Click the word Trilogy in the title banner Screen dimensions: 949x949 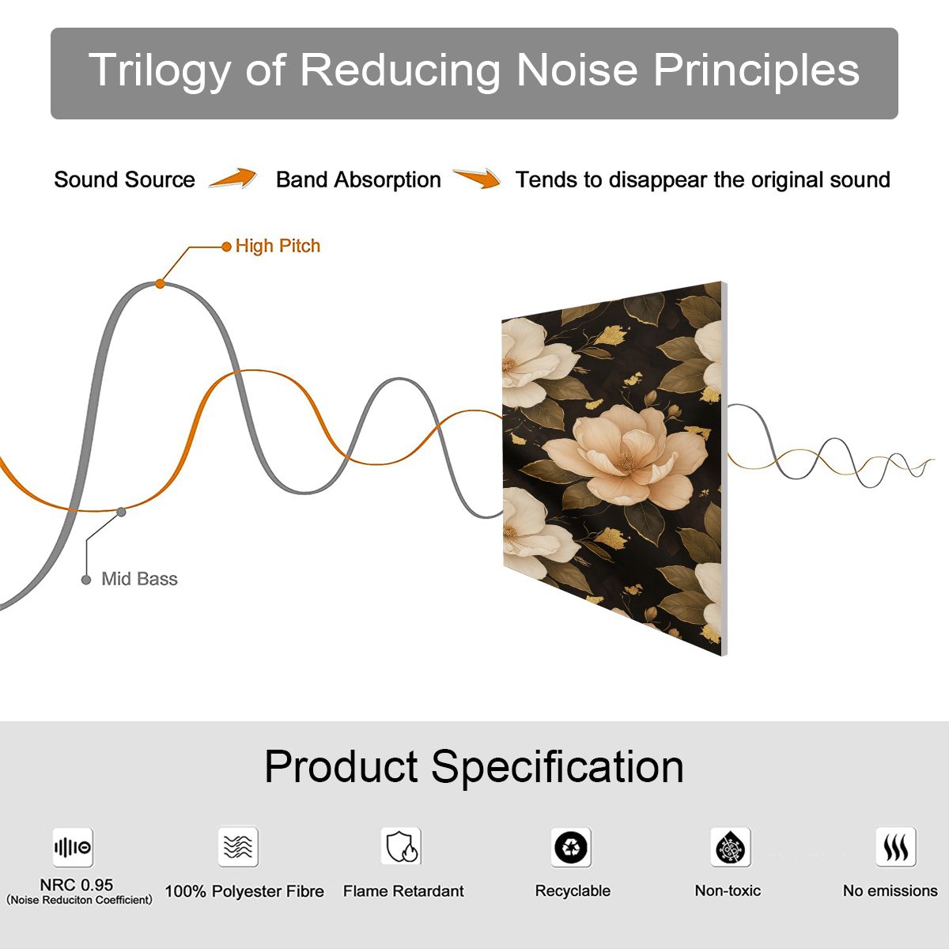(x=160, y=70)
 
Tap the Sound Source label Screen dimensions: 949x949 (x=125, y=180)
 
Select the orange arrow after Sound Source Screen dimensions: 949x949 (x=233, y=178)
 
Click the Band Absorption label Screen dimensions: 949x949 (x=358, y=180)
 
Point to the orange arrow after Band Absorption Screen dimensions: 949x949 (x=477, y=178)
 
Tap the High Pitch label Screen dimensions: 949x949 (x=278, y=246)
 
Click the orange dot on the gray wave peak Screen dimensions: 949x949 (x=160, y=284)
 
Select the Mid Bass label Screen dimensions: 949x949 (x=139, y=579)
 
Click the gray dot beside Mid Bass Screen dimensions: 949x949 (x=86, y=580)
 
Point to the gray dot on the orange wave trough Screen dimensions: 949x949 (x=121, y=512)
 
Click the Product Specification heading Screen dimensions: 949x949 (x=474, y=766)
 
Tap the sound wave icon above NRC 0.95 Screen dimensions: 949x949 (x=73, y=847)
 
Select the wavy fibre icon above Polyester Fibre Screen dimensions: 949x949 (x=238, y=846)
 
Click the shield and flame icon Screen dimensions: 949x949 (x=402, y=846)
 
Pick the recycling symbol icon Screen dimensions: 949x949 (x=571, y=847)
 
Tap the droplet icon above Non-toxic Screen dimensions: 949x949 (x=731, y=847)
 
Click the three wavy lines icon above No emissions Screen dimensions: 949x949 (x=896, y=846)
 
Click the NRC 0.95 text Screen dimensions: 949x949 (x=77, y=885)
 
